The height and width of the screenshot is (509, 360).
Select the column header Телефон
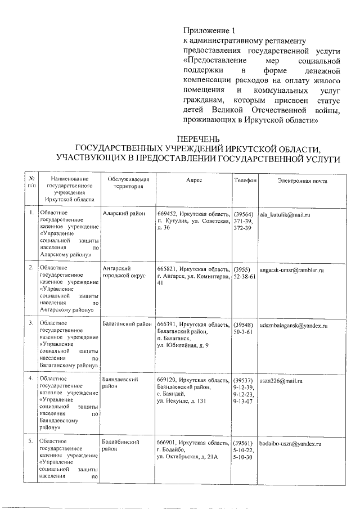tap(245, 180)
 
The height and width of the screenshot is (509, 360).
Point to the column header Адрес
tap(193, 180)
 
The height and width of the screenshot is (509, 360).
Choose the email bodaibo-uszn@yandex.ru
tap(290, 444)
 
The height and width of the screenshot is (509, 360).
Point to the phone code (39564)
tap(244, 215)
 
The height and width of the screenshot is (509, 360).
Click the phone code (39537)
tap(244, 381)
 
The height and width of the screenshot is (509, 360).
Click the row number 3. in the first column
tap(31, 325)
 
